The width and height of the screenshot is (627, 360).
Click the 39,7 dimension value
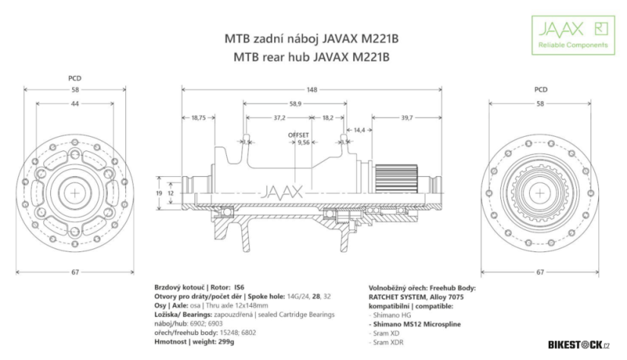406,118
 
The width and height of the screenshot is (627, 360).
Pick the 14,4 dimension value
359,131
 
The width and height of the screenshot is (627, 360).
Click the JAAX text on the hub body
282,191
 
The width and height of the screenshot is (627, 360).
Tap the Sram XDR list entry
388,343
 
